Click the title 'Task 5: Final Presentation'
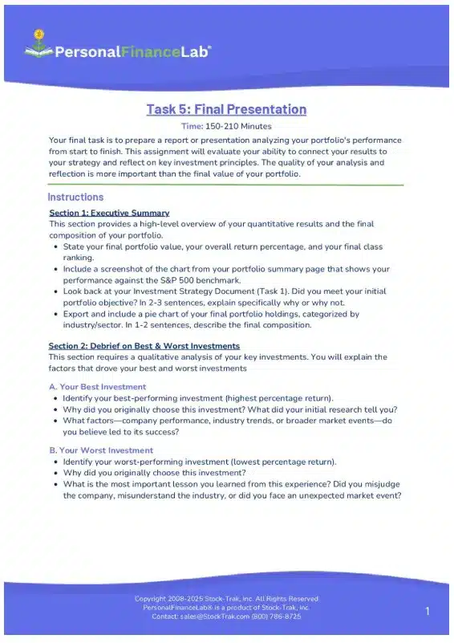(x=226, y=109)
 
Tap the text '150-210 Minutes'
(x=239, y=126)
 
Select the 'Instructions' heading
(x=75, y=197)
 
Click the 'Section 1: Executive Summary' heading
(x=109, y=213)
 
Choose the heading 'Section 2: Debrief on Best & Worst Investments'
(x=144, y=346)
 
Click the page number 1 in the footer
(x=428, y=612)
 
